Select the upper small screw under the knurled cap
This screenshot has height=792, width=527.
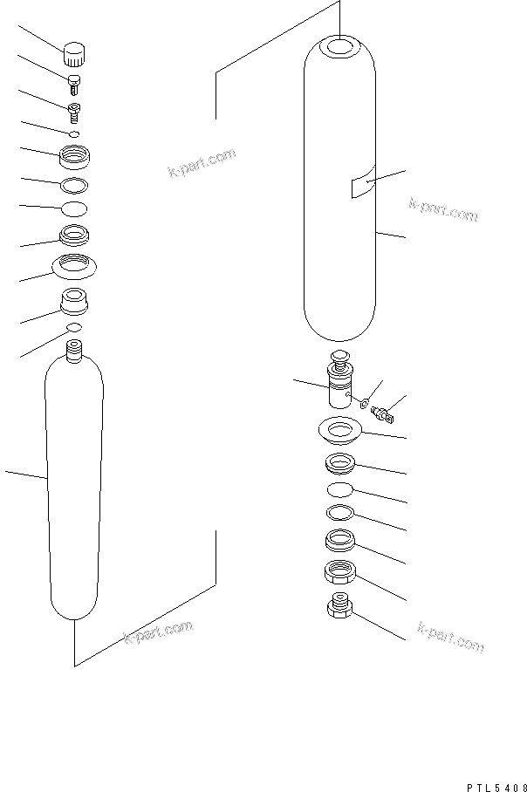[x=75, y=84]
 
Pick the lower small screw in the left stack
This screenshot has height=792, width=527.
[x=75, y=110]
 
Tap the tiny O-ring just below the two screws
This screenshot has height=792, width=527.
[x=75, y=133]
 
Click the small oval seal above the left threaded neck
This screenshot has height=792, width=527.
[x=75, y=327]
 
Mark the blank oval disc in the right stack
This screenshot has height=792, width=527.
[x=339, y=489]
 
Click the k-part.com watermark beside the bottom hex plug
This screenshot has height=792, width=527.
[x=449, y=637]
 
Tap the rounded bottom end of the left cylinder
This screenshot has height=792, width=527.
[x=75, y=611]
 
